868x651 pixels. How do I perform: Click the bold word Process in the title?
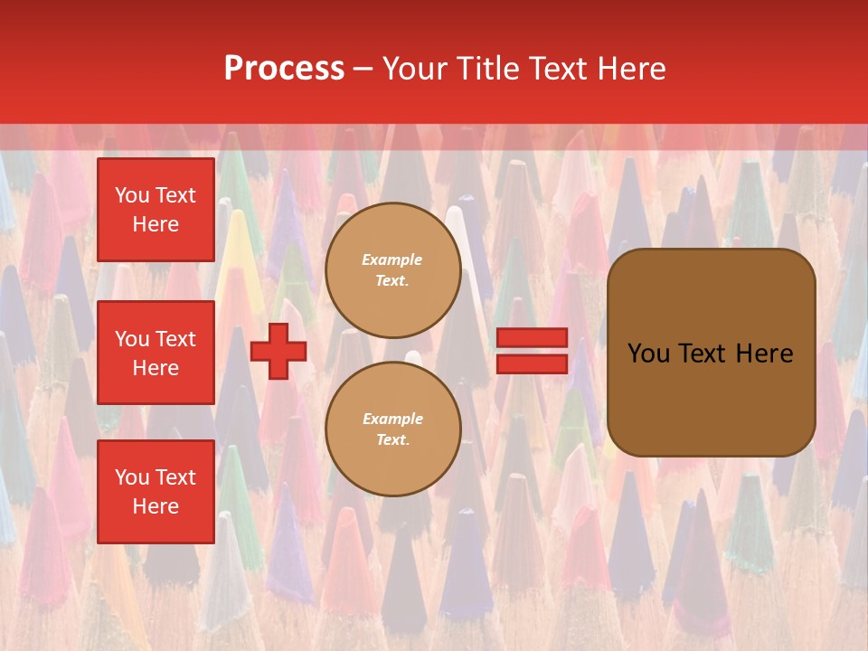click(x=284, y=69)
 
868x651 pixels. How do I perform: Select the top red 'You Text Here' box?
click(x=156, y=210)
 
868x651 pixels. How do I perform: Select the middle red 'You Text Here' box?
click(x=156, y=353)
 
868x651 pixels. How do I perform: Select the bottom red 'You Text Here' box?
click(x=156, y=492)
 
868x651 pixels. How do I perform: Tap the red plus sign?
click(x=278, y=352)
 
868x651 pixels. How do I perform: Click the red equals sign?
click(x=532, y=351)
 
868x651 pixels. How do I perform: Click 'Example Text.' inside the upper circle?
click(x=392, y=270)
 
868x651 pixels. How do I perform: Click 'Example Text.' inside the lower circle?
click(x=392, y=429)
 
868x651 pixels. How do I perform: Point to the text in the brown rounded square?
click(x=711, y=354)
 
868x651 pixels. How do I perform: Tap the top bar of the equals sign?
click(x=532, y=338)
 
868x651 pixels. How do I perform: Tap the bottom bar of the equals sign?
click(x=532, y=363)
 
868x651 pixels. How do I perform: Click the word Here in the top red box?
click(x=156, y=224)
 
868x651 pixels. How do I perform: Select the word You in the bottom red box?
click(x=132, y=477)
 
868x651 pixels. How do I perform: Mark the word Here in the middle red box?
click(x=156, y=368)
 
